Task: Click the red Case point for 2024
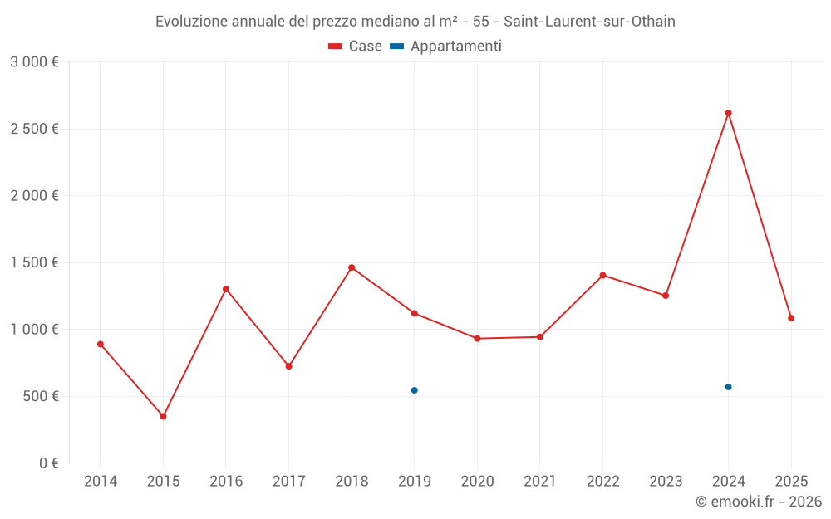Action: (x=728, y=113)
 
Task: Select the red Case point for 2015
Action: (x=163, y=416)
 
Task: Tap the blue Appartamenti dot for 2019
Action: (x=414, y=390)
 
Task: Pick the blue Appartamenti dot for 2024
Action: (x=728, y=387)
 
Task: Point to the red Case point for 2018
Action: (x=352, y=267)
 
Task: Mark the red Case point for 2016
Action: (x=226, y=289)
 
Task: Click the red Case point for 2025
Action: (x=791, y=318)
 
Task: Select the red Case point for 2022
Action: (x=602, y=275)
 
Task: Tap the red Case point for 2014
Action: (x=101, y=344)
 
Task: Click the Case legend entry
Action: (x=356, y=47)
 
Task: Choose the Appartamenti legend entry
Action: (x=446, y=47)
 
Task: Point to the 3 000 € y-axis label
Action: (x=34, y=62)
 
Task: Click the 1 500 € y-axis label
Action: (x=34, y=262)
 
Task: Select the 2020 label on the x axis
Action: (x=477, y=482)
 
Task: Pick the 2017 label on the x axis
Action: (x=288, y=482)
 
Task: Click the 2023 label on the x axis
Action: (x=666, y=482)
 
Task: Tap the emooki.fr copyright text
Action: (x=758, y=502)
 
